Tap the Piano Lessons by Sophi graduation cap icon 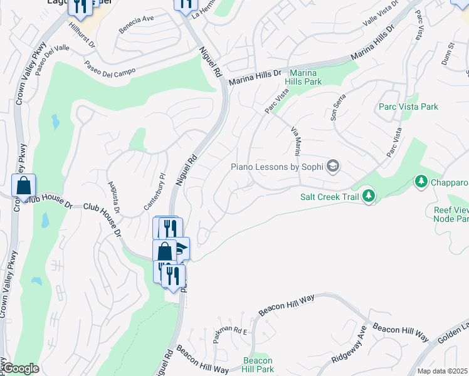point(333,166)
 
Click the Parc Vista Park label point(408,107)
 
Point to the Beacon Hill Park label point(258,365)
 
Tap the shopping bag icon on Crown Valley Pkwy point(23,186)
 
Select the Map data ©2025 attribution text point(443,371)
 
